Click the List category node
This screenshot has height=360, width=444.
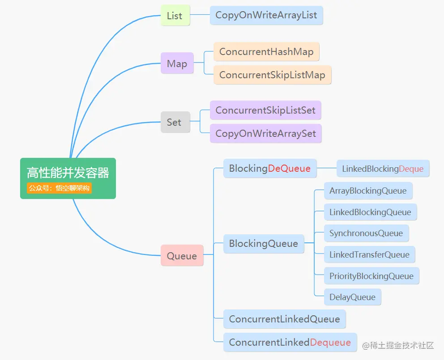pos(175,16)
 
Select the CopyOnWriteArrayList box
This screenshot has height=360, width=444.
pos(266,15)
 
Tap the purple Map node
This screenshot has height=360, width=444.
pos(177,64)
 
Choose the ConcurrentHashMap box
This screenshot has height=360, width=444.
pos(266,52)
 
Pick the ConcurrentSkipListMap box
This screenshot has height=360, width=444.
pos(272,75)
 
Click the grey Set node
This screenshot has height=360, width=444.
pos(175,122)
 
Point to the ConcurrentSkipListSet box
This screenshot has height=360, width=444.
pos(265,110)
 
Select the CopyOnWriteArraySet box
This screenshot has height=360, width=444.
pos(266,133)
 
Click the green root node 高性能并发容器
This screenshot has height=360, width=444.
pos(68,173)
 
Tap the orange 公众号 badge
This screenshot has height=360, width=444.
pos(59,188)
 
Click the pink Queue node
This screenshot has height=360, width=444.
pos(182,256)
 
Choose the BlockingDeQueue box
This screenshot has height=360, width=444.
pos(270,169)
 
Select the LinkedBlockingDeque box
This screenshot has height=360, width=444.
pos(383,169)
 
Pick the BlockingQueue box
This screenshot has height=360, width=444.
pos(264,244)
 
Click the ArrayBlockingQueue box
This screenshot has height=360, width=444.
pos(368,191)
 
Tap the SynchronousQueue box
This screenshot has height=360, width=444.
pos(366,233)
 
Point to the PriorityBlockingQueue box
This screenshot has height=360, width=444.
pos(371,276)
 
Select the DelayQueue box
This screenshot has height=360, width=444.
pos(353,297)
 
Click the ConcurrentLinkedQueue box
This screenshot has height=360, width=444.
pos(285,319)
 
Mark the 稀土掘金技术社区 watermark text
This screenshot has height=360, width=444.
pos(398,345)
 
